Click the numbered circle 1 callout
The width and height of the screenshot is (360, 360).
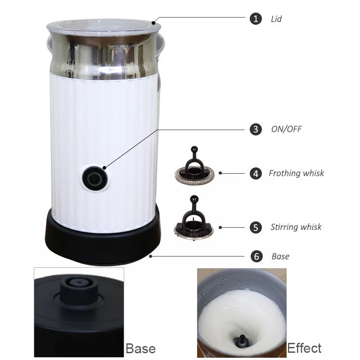256,18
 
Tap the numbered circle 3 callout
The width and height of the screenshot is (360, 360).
256,129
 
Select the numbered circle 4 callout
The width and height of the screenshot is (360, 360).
256,174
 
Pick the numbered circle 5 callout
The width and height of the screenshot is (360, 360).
256,228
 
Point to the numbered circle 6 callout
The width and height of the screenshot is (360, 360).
256,256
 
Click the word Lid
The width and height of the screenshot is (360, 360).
276,19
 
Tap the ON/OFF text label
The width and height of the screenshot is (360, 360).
287,129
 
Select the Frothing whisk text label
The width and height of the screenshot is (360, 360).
297,173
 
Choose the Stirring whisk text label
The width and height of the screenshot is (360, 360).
296,227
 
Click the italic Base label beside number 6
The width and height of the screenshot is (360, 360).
280,256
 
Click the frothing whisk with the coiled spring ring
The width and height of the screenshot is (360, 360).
194,166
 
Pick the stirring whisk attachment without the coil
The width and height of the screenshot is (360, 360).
193,218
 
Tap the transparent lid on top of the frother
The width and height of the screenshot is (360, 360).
104,27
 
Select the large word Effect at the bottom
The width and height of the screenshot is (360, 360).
304,348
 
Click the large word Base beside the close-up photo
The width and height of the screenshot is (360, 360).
141,348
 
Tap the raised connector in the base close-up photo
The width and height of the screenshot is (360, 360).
79,291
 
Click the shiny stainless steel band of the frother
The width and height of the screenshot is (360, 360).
104,58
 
